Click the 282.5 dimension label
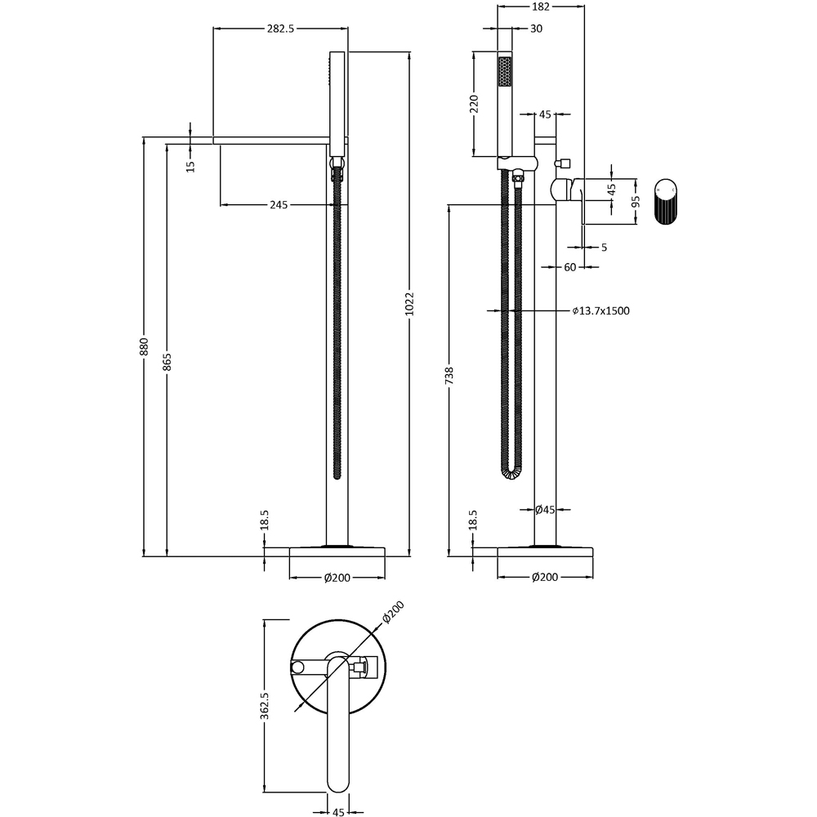tap(279, 28)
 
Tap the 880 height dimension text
tap(144, 346)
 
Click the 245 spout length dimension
tap(279, 205)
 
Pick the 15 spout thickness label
tap(190, 166)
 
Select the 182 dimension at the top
tap(540, 7)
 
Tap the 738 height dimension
tap(449, 376)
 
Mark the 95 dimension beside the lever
tap(636, 201)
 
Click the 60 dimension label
tap(569, 267)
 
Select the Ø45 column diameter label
tap(545, 510)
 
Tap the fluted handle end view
tap(665, 201)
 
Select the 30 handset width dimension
tap(536, 29)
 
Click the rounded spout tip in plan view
tap(337, 785)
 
